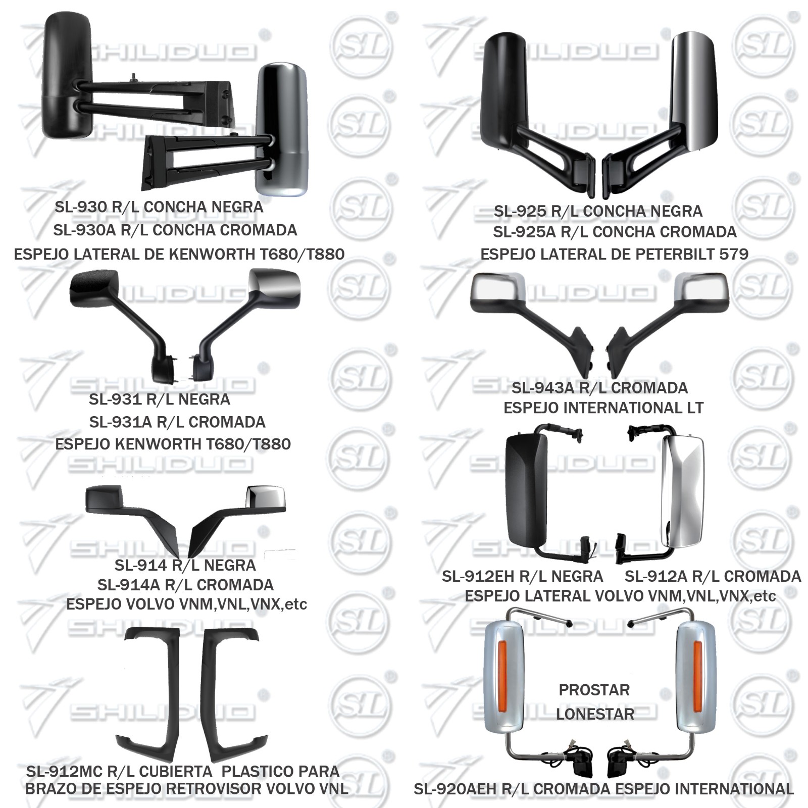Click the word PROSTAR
coord(594,690)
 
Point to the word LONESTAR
coord(595,714)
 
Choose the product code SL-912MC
coord(65,772)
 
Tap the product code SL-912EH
coord(478,576)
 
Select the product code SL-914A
coord(128,585)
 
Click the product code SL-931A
coord(121,422)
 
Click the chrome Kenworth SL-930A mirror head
coord(282,129)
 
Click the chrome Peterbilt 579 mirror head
coord(694,91)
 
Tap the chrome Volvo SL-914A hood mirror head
coord(266,498)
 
